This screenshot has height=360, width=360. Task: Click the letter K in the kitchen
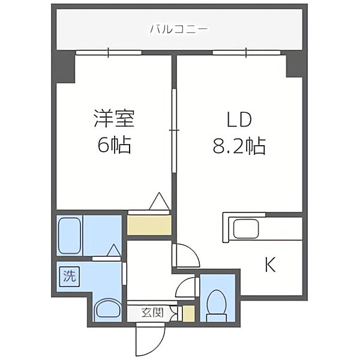[x=270, y=264]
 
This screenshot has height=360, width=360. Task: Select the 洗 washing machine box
[x=70, y=277]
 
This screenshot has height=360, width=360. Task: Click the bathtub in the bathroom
[x=70, y=235]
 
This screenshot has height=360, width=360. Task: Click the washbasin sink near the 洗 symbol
[x=108, y=308]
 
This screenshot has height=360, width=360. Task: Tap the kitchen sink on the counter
[x=245, y=229]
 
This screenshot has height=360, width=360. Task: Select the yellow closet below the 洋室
[x=149, y=224]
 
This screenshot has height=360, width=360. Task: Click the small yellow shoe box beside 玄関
[x=188, y=313]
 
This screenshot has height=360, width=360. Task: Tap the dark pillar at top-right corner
[x=295, y=64]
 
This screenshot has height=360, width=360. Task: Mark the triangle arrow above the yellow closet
[x=159, y=201]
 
